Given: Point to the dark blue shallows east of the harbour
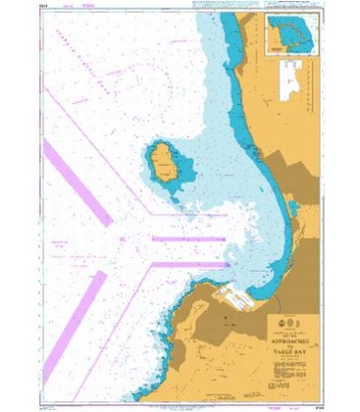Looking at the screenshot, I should pyautogui.click(x=280, y=265).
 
